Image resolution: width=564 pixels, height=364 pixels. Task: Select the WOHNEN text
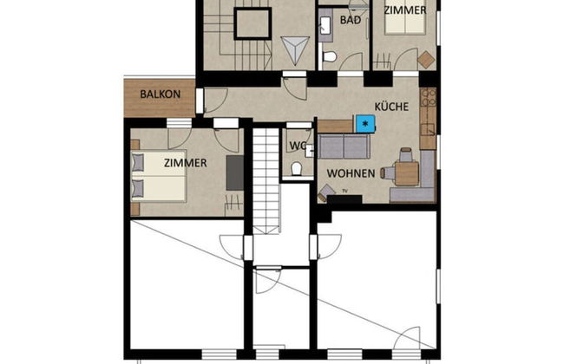351,172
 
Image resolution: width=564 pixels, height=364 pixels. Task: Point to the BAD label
351,20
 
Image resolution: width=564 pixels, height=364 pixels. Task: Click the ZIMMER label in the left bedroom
184,163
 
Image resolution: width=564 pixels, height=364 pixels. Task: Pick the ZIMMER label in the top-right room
404,10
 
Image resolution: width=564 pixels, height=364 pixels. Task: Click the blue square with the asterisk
364,124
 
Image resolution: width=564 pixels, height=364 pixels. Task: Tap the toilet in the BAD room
330,58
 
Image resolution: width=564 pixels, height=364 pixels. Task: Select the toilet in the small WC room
297,168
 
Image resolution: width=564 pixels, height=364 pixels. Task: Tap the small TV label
344,190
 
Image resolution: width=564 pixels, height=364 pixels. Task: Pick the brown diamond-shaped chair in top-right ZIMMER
425,59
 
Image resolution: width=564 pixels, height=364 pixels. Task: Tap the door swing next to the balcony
214,98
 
